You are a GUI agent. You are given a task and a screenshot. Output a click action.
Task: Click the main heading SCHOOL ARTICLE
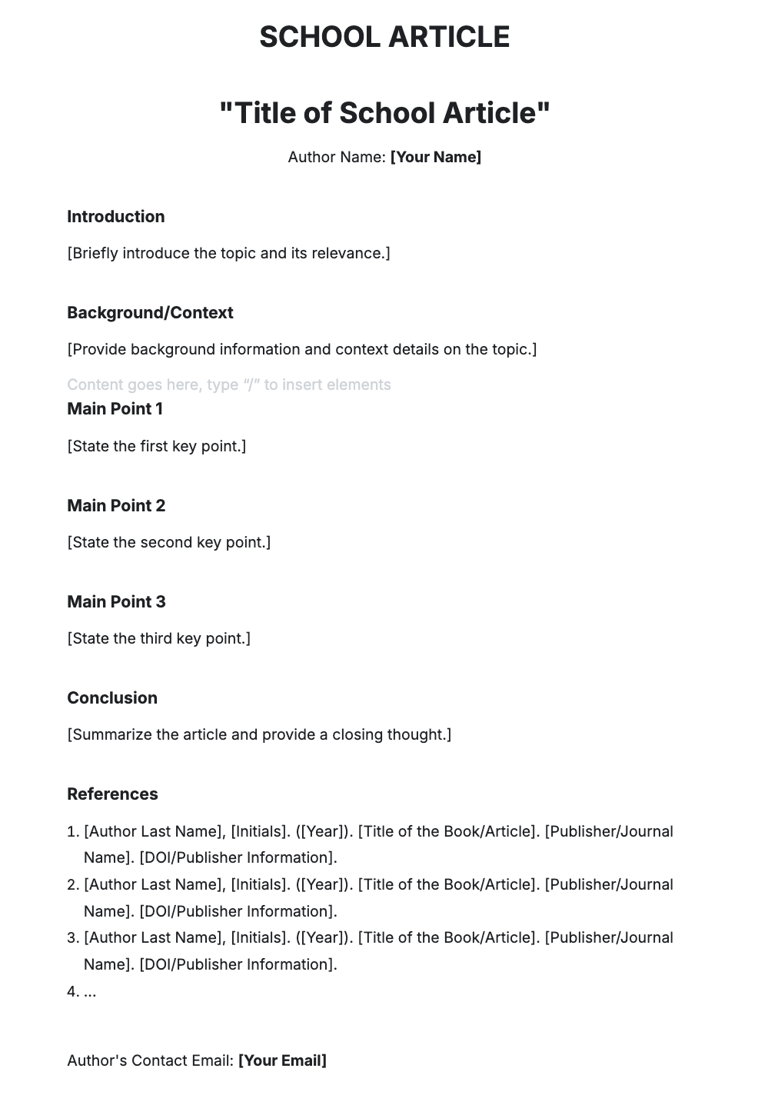384,37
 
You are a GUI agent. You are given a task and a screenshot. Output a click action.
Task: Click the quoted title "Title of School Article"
384,113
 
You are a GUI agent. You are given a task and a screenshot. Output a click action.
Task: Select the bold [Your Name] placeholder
436,157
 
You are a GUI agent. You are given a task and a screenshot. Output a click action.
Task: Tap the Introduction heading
115,217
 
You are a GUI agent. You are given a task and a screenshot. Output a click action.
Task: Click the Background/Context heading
150,313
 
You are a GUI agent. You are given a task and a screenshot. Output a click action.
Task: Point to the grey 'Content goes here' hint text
228,384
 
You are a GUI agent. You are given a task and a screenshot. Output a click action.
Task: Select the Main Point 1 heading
115,409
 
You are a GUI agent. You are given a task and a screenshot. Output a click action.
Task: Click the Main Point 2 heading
116,506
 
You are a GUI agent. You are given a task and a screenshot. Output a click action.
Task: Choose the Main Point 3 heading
116,602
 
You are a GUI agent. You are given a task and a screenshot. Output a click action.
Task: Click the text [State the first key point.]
157,446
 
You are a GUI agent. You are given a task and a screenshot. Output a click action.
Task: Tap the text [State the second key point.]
169,542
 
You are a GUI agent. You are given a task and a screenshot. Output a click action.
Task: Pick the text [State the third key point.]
159,638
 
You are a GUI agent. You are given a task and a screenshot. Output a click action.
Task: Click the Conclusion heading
112,698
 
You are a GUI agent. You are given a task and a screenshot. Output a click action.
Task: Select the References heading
112,794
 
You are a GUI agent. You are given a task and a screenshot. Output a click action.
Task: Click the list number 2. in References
73,885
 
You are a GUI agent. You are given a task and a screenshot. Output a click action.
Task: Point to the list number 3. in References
73,938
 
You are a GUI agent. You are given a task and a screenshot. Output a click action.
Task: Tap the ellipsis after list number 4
90,992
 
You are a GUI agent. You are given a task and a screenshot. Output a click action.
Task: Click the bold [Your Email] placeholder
282,1061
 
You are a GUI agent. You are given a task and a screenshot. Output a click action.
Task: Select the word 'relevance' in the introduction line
349,254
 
